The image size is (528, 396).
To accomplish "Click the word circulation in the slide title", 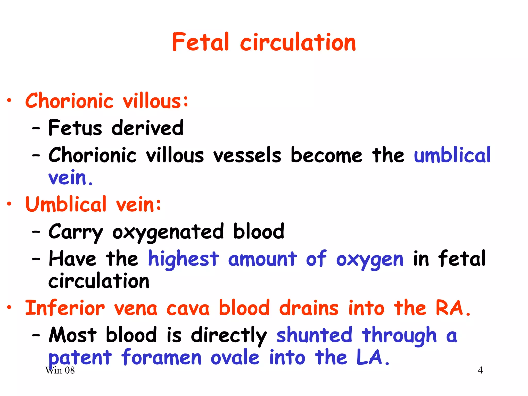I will (x=298, y=42).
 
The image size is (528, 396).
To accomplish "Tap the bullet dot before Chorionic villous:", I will (x=9, y=101).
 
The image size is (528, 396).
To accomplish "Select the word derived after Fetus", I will (x=147, y=128).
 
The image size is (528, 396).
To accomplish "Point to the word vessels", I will (x=247, y=155).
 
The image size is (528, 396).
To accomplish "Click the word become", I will (x=326, y=155).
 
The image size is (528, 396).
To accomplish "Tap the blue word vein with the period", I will (x=70, y=178).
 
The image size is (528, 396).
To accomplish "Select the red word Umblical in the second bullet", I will (x=66, y=204).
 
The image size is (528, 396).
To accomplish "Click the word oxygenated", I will (x=168, y=232).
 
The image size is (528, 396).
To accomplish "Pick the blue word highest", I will (x=183, y=259).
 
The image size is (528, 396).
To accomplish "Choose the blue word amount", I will (x=262, y=259).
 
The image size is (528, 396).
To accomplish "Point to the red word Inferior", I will (x=65, y=308).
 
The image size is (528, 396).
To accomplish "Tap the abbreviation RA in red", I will (x=450, y=308).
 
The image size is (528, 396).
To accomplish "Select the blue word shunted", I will (x=314, y=335).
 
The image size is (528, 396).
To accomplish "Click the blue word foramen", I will (x=161, y=357).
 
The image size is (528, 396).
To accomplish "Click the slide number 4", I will (x=480, y=370).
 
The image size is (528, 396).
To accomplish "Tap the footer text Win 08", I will (x=60, y=370).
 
